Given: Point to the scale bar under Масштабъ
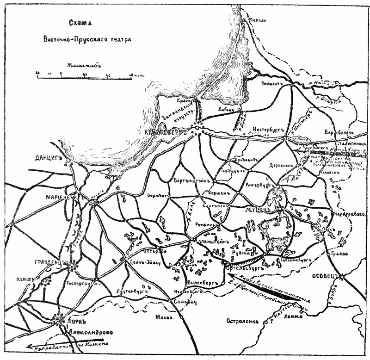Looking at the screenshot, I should point(86,73).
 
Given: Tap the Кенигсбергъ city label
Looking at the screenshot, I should point(167,132).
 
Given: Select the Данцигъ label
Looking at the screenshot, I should point(49,158).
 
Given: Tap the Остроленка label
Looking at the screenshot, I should point(241,321).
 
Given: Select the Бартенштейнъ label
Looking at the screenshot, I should point(192,180).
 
